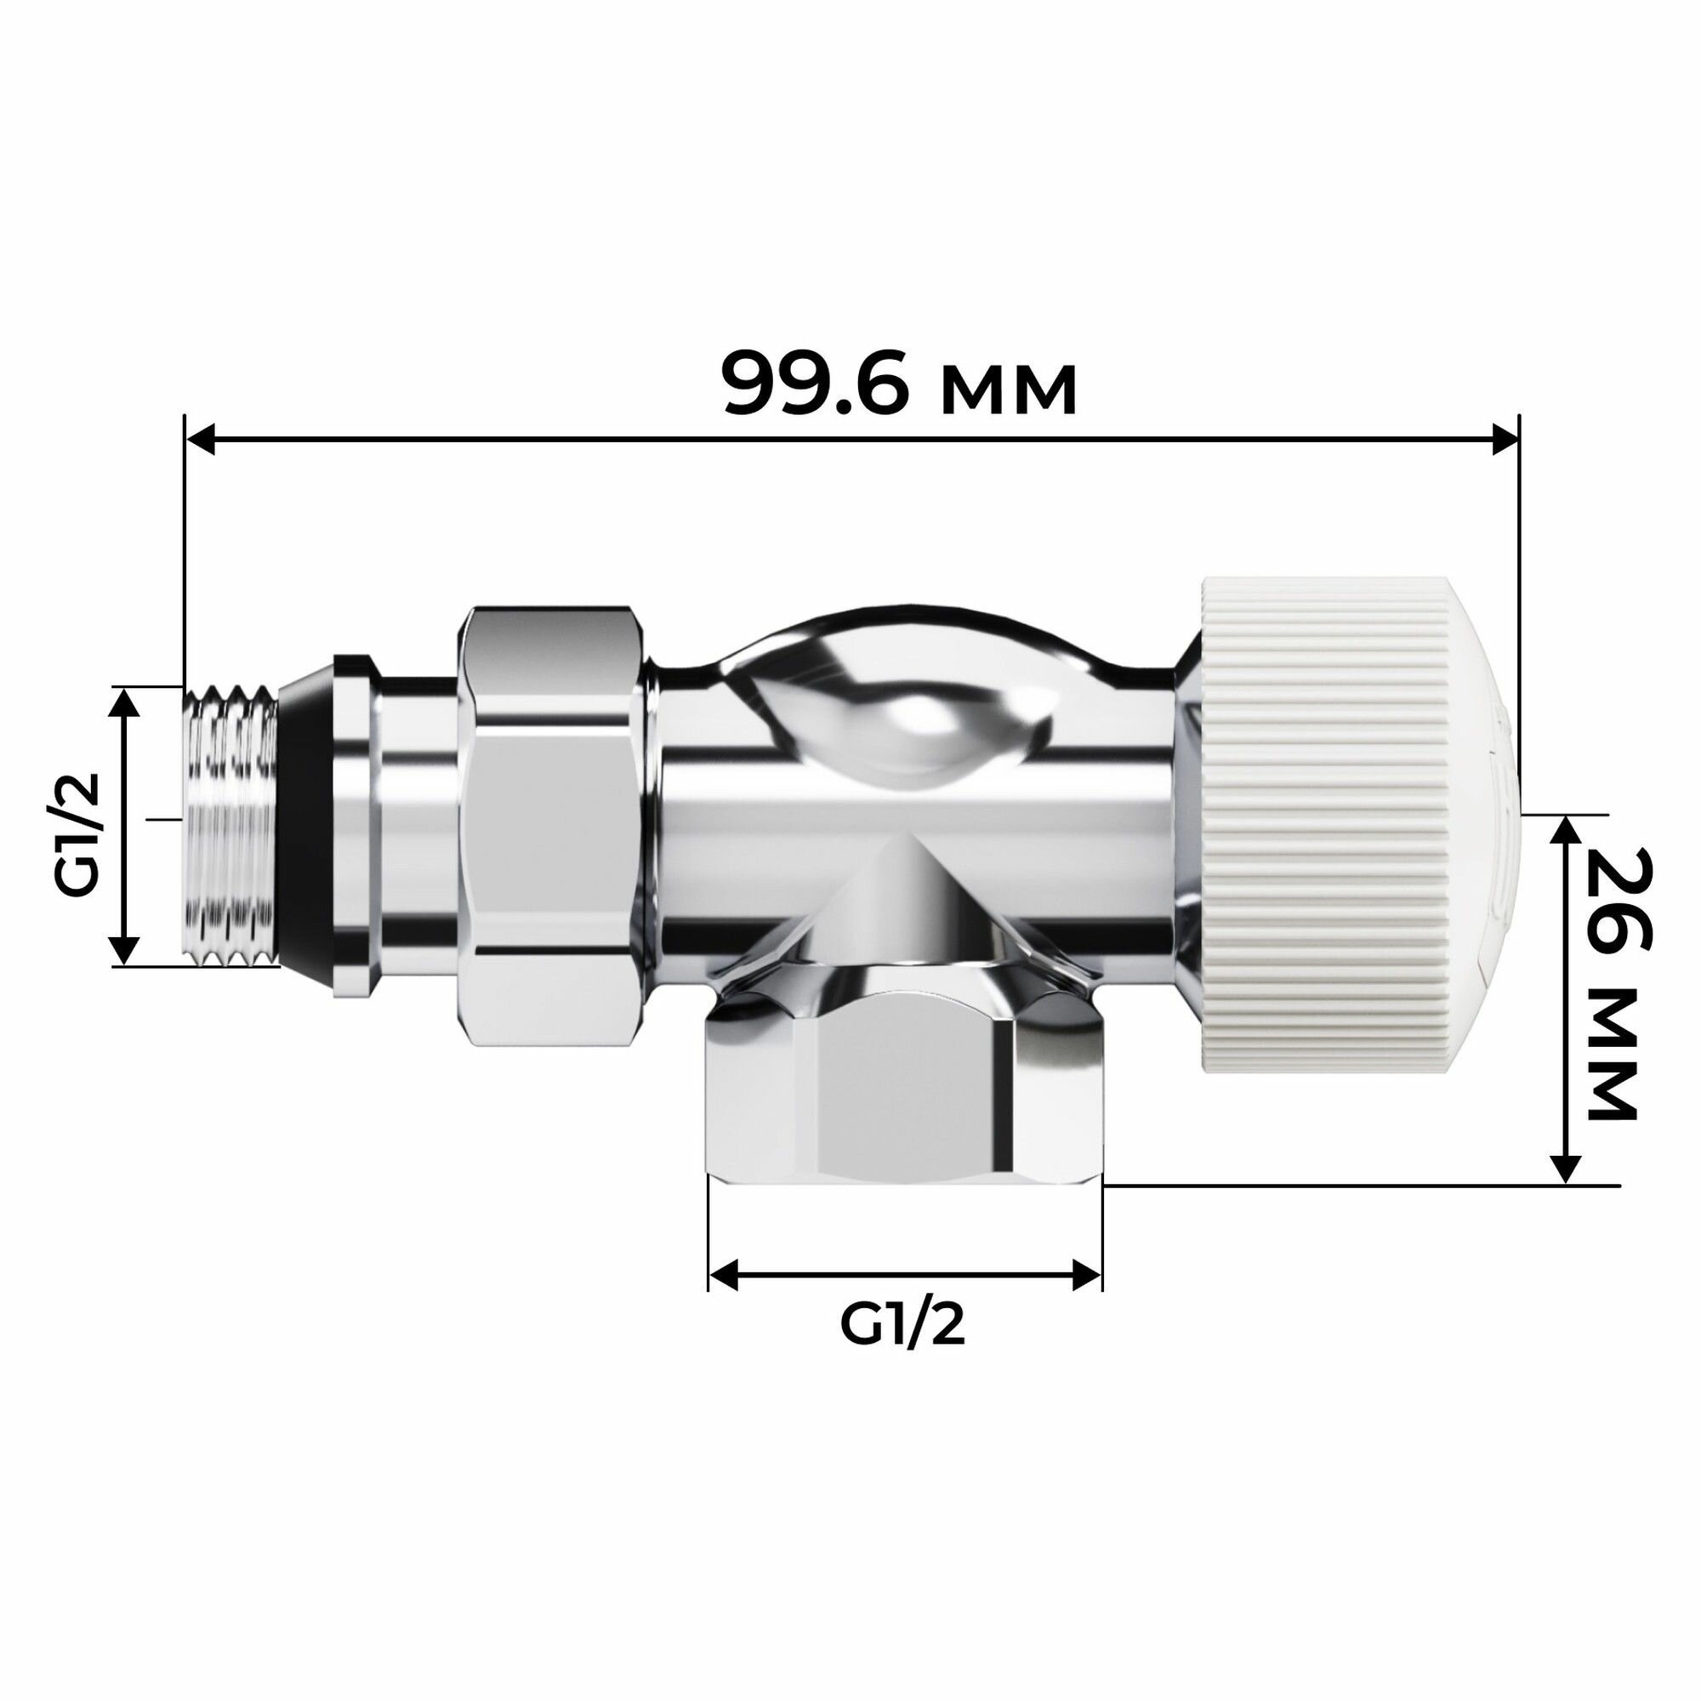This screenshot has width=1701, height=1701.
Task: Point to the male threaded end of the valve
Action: point(230,828)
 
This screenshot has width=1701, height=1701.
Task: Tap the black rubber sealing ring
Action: point(304,828)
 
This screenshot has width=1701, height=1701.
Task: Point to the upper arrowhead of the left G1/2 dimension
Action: point(126,703)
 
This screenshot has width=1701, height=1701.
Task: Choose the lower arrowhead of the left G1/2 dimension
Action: point(126,950)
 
